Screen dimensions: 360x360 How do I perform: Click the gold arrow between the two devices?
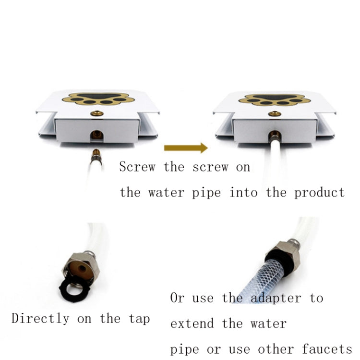186,148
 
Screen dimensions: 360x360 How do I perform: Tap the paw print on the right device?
274,99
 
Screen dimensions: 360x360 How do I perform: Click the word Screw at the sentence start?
137,167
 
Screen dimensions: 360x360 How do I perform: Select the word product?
319,193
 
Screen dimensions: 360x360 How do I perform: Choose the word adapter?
274,298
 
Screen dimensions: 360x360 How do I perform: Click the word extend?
192,323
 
